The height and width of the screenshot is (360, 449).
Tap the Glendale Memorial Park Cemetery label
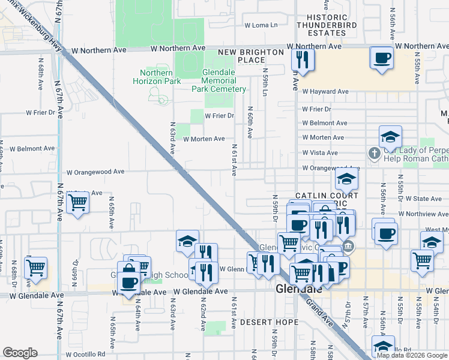pyautogui.click(x=219, y=80)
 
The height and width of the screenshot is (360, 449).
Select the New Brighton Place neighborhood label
pyautogui.click(x=250, y=56)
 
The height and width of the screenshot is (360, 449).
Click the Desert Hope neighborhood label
pyautogui.click(x=269, y=322)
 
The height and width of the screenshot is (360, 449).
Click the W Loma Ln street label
pyautogui.click(x=261, y=25)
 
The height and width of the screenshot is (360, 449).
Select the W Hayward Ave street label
pyautogui.click(x=325, y=92)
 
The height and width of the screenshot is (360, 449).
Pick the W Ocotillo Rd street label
pyautogui.click(x=85, y=354)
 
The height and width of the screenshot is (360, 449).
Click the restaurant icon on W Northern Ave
pyautogui.click(x=301, y=60)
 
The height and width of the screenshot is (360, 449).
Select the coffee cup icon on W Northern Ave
pyautogui.click(x=382, y=58)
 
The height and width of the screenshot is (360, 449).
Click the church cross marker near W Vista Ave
pyautogui.click(x=374, y=153)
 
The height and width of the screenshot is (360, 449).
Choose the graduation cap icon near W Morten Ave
pyautogui.click(x=390, y=136)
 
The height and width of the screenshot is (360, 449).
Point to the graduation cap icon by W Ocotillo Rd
pyautogui.click(x=383, y=346)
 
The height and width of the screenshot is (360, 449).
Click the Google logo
pyautogui.click(x=20, y=353)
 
